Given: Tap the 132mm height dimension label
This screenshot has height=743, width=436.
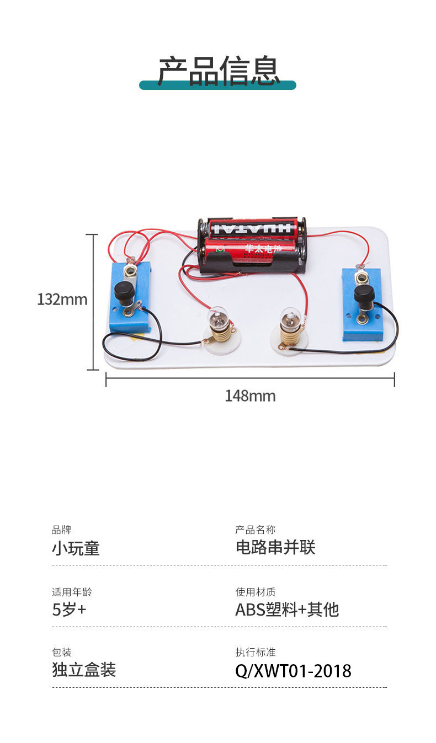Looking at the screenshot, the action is pyautogui.click(x=62, y=300).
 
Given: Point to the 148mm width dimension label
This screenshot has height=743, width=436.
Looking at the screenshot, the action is pyautogui.click(x=249, y=396).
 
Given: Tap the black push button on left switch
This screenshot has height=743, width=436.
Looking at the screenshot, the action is pyautogui.click(x=124, y=290).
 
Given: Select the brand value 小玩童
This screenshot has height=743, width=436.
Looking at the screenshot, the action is pyautogui.click(x=76, y=548).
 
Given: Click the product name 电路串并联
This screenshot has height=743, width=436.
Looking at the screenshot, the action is pyautogui.click(x=275, y=547).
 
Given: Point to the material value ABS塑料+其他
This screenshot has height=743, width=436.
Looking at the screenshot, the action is pyautogui.click(x=286, y=610).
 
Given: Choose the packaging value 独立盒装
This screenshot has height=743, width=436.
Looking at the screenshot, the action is pyautogui.click(x=84, y=670).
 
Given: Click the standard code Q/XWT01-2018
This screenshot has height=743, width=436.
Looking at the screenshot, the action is pyautogui.click(x=293, y=671).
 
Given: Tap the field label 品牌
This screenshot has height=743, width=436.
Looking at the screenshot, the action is pyautogui.click(x=61, y=530).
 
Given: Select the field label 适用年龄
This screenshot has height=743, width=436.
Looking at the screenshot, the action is pyautogui.click(x=72, y=592).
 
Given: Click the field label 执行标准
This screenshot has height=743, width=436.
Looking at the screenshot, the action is pyautogui.click(x=255, y=653).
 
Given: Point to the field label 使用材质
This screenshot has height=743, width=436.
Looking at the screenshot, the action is pyautogui.click(x=255, y=592).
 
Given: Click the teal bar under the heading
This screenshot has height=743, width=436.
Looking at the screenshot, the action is pyautogui.click(x=166, y=85).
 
